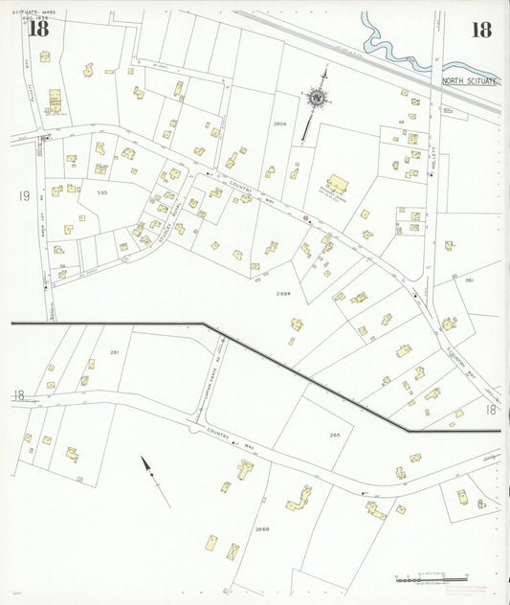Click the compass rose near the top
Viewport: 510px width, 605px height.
(x=316, y=97)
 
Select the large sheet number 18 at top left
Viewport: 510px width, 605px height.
(x=38, y=29)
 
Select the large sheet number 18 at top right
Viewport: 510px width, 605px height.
(x=480, y=30)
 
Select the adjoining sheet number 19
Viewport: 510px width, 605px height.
(x=24, y=196)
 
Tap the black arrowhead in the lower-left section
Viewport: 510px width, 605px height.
(x=147, y=466)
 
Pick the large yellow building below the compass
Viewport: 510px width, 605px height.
(x=337, y=184)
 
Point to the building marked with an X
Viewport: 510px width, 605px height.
(x=233, y=551)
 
